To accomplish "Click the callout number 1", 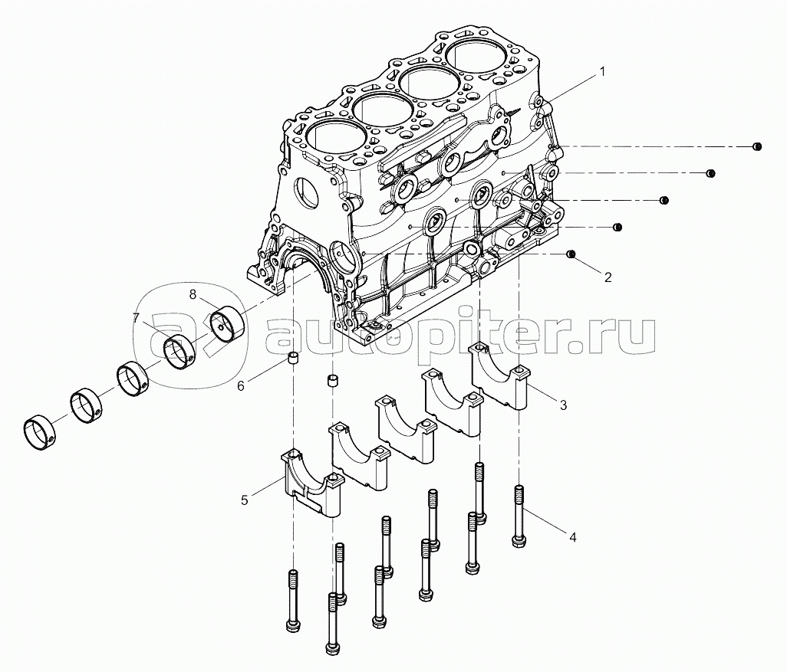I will pos(602,71).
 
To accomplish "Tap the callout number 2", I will pos(608,277).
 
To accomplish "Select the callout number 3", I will pos(563,405).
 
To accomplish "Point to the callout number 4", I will pos(572,538).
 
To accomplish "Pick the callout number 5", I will pos(244,500).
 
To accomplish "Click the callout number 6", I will pos(240,386).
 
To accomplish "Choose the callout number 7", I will pos(136,317).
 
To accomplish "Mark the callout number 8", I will pos(193,293).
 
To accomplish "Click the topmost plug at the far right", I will pos(756,146).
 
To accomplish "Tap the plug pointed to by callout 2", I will pos(570,254).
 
